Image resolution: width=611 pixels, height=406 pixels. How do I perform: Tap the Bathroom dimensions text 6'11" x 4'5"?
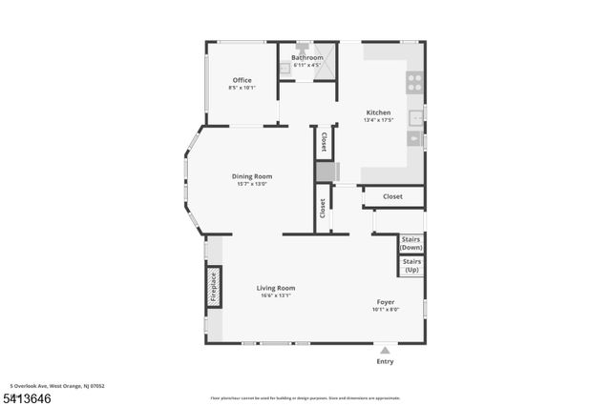[307, 65]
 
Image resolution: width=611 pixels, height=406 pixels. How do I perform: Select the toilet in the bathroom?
[302, 47]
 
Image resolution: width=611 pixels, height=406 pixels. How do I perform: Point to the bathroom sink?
[284, 68]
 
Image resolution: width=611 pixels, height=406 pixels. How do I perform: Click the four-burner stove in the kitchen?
[415, 82]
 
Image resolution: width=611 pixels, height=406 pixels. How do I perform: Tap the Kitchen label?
[378, 112]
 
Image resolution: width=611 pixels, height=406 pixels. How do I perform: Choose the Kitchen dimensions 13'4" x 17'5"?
[378, 120]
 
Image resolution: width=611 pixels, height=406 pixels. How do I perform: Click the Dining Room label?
[252, 175]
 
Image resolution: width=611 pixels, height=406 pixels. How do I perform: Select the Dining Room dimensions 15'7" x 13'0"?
[252, 183]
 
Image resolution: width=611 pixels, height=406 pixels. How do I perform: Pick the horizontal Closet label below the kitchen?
[392, 196]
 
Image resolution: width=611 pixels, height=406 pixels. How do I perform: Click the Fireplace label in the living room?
[214, 287]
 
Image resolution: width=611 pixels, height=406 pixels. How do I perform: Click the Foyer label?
[385, 301]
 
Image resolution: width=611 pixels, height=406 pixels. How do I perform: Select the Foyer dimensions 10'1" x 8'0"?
[385, 309]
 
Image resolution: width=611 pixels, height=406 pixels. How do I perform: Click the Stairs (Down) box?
[411, 243]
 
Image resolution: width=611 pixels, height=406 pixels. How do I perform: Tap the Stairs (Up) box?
[411, 266]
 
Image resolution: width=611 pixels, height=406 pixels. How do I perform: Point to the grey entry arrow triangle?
[385, 351]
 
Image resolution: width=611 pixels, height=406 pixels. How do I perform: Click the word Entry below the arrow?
[385, 361]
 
